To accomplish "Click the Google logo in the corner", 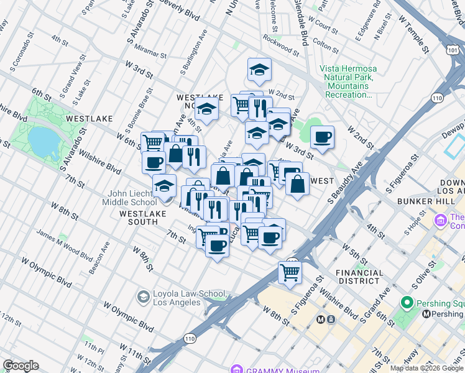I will pyautogui.click(x=21, y=366).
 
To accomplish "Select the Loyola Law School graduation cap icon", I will pyautogui.click(x=144, y=296).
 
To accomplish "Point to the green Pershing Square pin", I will pyautogui.click(x=408, y=303).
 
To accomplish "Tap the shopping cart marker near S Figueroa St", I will pyautogui.click(x=290, y=272).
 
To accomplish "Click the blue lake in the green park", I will pyautogui.click(x=42, y=141).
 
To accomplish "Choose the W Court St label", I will pyautogui.click(x=323, y=25).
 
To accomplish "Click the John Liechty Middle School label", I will pyautogui.click(x=132, y=198).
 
